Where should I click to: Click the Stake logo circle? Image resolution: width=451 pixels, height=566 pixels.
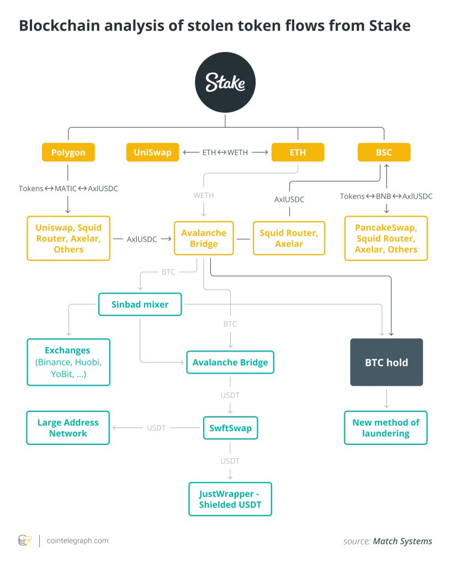click(225, 83)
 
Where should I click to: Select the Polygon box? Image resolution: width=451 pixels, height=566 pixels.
click(68, 153)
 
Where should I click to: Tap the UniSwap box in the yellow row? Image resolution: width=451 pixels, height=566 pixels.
click(152, 153)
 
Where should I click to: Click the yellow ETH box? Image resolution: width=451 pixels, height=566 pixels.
click(298, 153)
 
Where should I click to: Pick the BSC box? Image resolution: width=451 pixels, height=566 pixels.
click(384, 153)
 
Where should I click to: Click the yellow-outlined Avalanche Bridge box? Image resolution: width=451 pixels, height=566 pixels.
click(204, 239)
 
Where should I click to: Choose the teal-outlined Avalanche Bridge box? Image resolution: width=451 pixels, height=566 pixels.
click(230, 363)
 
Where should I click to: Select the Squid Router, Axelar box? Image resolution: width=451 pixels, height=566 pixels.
click(289, 239)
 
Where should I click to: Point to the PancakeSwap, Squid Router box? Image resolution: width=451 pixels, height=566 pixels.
click(386, 239)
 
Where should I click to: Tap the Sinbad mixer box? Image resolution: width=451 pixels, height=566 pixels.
click(140, 304)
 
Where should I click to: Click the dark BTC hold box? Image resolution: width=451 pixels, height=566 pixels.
click(386, 363)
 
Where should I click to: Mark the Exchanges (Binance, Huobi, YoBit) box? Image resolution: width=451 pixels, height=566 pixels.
click(68, 362)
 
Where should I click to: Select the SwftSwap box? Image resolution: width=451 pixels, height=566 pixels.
click(230, 427)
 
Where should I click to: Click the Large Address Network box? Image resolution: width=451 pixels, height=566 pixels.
click(68, 428)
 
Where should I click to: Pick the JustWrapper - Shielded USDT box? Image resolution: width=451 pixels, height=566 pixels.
click(230, 499)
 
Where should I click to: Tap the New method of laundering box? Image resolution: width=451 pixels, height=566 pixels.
click(386, 428)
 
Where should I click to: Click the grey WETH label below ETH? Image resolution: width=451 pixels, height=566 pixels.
click(204, 195)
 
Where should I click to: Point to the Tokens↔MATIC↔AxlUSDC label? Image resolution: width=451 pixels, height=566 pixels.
click(68, 188)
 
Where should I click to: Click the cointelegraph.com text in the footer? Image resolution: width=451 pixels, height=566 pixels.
click(77, 541)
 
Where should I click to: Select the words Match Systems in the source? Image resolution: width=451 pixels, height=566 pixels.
click(402, 541)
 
